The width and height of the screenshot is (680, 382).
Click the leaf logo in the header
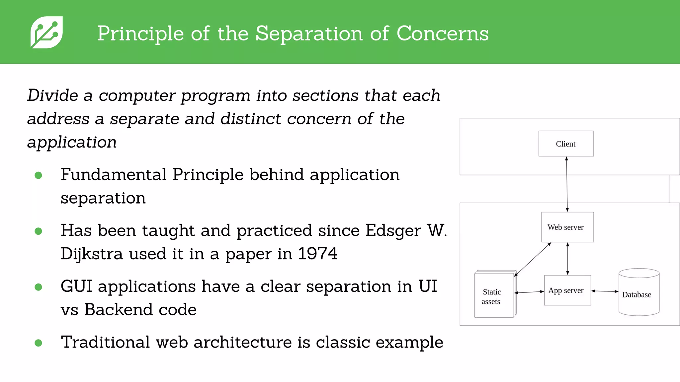point(46,32)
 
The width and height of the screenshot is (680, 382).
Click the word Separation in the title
point(309,33)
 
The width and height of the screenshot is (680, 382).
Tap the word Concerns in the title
point(442,33)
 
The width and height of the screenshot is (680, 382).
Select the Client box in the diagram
point(566,144)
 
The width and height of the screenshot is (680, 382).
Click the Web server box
point(567,227)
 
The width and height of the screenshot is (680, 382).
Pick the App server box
point(567,290)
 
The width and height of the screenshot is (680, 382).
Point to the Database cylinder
point(638,292)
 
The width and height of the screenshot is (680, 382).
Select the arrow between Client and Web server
point(567,184)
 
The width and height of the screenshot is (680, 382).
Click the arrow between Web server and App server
point(567,259)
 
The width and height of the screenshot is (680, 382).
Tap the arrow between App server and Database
point(605,291)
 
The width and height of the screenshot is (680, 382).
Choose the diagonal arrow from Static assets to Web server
point(533,259)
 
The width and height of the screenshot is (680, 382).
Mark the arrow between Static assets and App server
point(529,292)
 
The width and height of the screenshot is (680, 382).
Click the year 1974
point(317,254)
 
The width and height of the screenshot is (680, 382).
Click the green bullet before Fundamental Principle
point(39,175)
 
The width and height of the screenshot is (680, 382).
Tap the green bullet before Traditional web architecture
point(39,343)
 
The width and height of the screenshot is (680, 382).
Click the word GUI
point(76,286)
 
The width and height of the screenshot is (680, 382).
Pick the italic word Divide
point(52,95)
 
